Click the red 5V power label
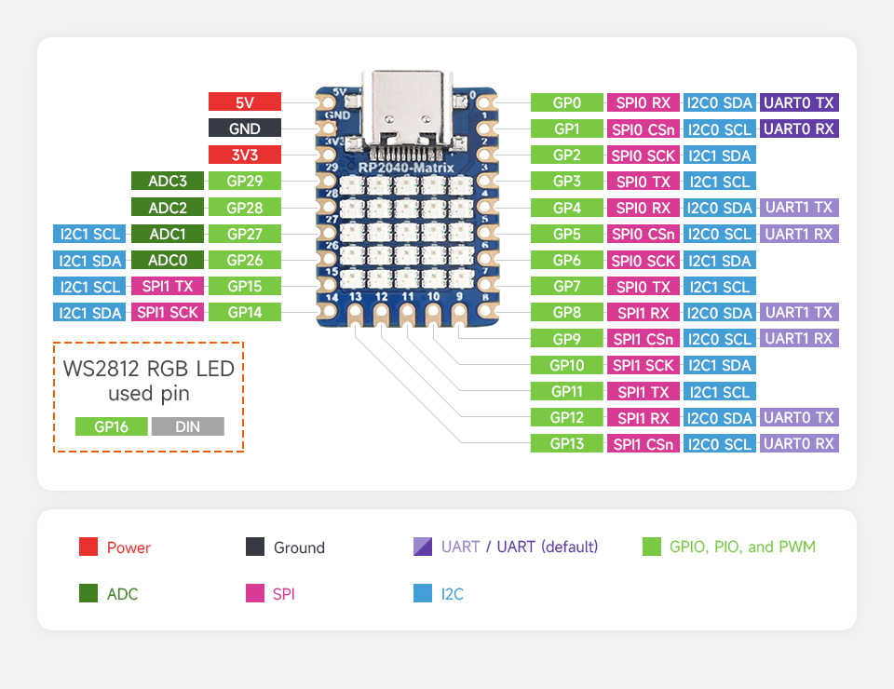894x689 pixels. coord(245,102)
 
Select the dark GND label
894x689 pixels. coord(245,128)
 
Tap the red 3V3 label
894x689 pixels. coord(245,155)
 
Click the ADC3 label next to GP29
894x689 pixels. coord(168,181)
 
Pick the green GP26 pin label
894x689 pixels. coord(245,260)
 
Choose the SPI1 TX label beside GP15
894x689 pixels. coord(168,286)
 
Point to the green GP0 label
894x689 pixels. coord(566,102)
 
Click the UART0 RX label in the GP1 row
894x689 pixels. coord(799,128)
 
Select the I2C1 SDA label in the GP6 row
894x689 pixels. coord(719,260)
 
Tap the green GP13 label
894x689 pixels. coord(566,443)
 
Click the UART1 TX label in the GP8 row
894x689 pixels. coord(799,312)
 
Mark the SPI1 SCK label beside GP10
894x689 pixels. coord(644,365)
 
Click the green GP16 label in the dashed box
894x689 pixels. coord(112,426)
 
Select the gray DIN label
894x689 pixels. coord(188,426)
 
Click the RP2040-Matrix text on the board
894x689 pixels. coord(406,168)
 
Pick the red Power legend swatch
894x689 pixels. coord(88,547)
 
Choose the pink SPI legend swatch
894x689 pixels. coord(255,593)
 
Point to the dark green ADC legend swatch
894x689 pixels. coord(88,593)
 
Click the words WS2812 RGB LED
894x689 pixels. coord(149,369)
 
